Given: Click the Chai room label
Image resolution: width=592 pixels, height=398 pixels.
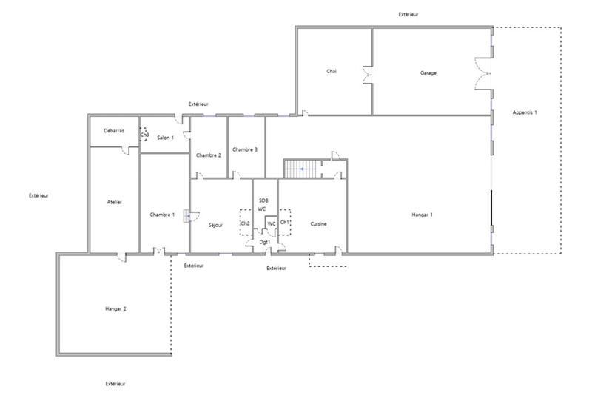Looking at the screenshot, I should [332, 72].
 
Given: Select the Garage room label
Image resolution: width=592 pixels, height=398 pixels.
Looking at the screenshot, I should [428, 72].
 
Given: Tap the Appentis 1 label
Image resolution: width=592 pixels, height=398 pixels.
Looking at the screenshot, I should [525, 112].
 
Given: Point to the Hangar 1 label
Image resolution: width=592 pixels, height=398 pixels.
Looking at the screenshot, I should [422, 215].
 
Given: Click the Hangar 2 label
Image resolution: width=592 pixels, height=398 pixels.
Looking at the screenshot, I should [116, 308].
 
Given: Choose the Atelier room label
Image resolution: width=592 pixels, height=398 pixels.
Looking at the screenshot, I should [114, 202].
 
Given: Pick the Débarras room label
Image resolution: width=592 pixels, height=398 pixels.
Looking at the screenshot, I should [113, 131].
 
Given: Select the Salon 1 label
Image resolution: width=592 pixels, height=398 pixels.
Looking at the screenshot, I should [165, 138].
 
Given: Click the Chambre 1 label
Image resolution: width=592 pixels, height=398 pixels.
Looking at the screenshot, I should [162, 215].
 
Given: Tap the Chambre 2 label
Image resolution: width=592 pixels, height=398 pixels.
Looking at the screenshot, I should [209, 155].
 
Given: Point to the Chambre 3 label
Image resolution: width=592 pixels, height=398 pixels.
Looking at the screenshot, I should [245, 149].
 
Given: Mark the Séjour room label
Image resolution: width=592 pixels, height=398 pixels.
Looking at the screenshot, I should [215, 224].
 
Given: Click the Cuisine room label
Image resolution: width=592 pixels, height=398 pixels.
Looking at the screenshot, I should [319, 223].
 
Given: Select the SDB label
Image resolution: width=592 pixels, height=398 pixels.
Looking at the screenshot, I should [263, 200].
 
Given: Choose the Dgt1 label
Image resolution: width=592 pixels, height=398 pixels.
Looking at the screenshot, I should [264, 241].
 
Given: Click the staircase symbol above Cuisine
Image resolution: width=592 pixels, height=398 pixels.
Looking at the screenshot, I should [300, 169].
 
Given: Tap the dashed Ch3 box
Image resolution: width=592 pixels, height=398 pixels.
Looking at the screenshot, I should [144, 134].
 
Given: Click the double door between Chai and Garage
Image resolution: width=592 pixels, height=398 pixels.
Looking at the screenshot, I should [367, 76].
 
